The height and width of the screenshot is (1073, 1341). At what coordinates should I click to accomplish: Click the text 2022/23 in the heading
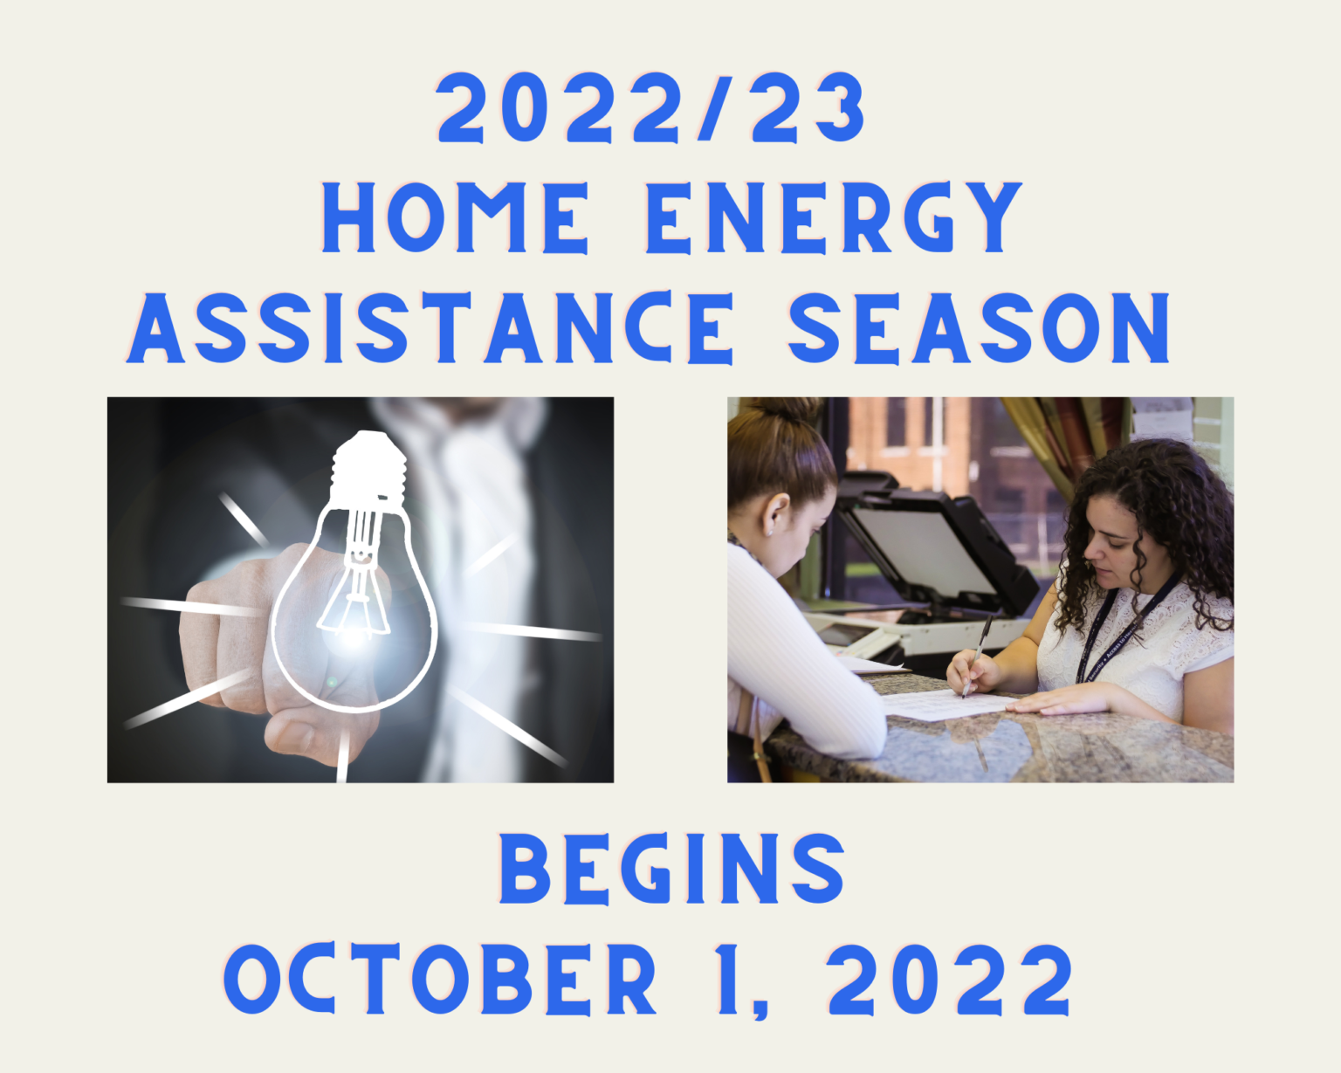(650, 108)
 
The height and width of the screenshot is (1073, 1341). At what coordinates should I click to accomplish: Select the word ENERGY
(834, 218)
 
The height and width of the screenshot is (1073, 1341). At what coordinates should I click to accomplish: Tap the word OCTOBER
(441, 979)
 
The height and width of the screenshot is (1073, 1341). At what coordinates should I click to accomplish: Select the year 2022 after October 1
(950, 979)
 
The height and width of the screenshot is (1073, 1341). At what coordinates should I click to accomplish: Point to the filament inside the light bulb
(356, 576)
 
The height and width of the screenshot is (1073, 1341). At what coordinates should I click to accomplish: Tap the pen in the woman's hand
(978, 655)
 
